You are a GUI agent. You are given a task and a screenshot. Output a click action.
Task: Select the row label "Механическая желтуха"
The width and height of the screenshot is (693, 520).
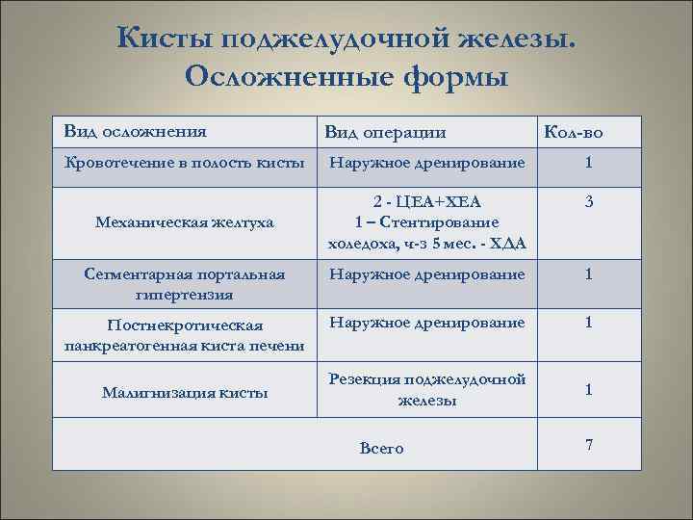[x=185, y=222]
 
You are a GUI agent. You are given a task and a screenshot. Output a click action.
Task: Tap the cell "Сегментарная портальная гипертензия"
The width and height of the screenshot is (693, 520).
[x=185, y=284]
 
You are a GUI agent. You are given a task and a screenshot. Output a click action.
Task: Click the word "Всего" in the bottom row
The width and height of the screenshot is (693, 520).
[x=381, y=448]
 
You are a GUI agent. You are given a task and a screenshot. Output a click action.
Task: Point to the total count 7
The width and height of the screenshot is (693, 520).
[x=588, y=444]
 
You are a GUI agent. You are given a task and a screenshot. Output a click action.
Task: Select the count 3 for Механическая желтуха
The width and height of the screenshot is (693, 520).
[x=588, y=204]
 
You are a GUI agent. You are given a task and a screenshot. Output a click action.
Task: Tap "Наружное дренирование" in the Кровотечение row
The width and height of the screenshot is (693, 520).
[x=427, y=162]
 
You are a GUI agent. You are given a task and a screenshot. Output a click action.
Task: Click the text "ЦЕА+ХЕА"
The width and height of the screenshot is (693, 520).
[x=439, y=201]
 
